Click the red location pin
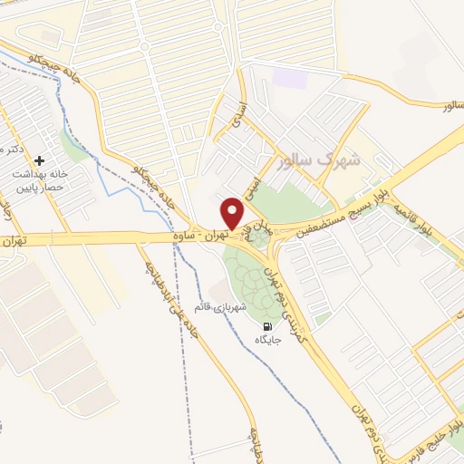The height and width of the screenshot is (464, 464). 233,214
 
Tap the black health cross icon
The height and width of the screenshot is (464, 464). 38,160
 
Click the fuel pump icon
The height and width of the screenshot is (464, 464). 266,326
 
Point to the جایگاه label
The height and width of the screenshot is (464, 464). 267,341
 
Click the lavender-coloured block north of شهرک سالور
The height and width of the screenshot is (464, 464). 290,76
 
